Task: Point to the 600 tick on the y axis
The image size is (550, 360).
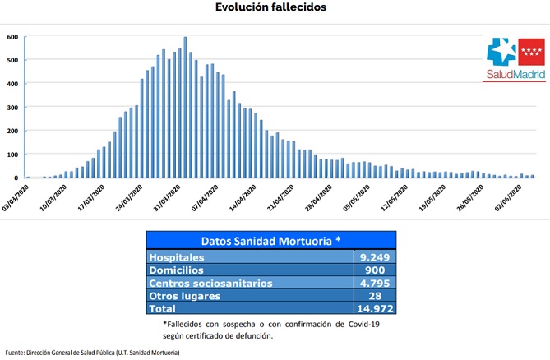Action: tap(12, 37)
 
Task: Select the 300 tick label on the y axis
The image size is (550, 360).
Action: tap(12, 108)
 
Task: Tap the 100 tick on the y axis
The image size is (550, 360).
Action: tap(12, 155)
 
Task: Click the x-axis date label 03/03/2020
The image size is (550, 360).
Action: tap(16, 196)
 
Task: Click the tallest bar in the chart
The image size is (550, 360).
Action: tap(185, 107)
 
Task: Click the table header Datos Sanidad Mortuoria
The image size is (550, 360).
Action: tap(270, 240)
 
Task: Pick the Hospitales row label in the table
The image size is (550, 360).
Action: tap(176, 256)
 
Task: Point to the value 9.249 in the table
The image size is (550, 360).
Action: tap(374, 256)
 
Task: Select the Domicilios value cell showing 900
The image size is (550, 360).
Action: tap(374, 270)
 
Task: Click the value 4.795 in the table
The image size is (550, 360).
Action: tap(374, 283)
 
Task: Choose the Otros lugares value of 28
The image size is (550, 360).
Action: tap(374, 295)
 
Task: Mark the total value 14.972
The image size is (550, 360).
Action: tap(374, 308)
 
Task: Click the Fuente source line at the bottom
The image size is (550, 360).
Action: tap(92, 353)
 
